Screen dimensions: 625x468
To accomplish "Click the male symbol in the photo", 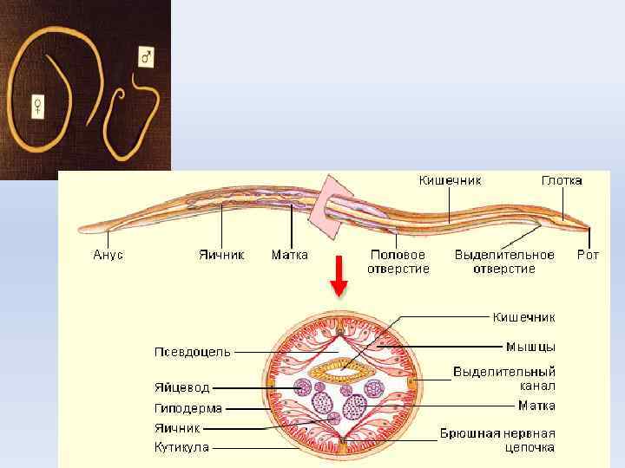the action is [147, 57].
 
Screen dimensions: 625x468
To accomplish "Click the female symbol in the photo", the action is [38, 106].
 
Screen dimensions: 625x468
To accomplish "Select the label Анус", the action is [109, 255].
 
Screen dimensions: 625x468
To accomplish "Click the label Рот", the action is [588, 255].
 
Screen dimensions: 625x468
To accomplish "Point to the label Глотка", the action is [562, 180].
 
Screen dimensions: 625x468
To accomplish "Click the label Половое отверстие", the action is [398, 262].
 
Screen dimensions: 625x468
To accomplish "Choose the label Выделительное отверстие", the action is [504, 262].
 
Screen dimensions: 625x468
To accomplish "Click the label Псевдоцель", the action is [193, 351].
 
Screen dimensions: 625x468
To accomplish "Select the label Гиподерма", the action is [188, 408].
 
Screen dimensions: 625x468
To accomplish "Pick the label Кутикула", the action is [181, 447].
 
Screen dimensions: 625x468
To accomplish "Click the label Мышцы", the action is [530, 346].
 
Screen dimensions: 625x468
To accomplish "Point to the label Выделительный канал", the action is [504, 378].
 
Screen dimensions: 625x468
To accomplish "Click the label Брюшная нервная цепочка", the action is [497, 440].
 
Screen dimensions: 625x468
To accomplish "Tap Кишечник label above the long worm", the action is [450, 180].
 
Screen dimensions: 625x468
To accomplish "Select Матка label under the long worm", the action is [289, 255].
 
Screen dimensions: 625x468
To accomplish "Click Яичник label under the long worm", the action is [220, 255].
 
